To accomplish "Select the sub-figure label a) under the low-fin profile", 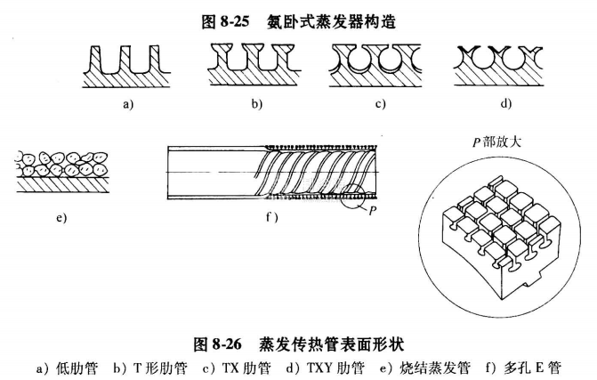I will point(128,105).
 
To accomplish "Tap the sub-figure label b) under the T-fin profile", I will point(256,105).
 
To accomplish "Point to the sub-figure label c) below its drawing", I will point(380,105).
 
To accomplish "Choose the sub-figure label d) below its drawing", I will point(505,105).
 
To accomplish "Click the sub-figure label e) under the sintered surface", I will point(61,218).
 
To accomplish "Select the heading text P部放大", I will point(499,142).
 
